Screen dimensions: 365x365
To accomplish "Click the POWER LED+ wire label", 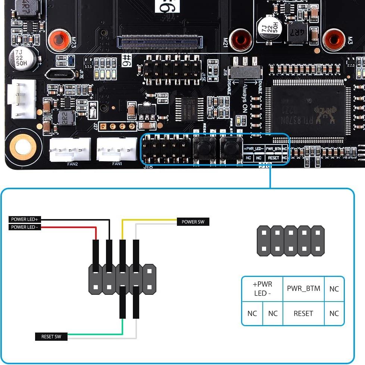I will [24, 219].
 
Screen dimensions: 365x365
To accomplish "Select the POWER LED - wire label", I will [24, 227].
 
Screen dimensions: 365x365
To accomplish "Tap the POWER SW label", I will [193, 222].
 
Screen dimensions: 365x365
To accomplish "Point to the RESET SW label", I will [52, 337].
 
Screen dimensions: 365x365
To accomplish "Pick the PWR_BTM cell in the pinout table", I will [303, 288].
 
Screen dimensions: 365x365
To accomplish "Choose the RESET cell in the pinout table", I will [303, 313].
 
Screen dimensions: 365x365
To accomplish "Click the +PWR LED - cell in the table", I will [262, 288].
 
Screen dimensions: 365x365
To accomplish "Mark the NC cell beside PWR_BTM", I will [334, 288].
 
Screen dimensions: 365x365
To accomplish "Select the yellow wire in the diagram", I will [149, 220].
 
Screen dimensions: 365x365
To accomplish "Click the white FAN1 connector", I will [117, 149].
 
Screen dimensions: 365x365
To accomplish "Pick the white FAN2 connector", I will [70, 149].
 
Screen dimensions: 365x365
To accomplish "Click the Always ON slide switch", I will [245, 72].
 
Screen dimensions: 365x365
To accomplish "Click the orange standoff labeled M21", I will [241, 40].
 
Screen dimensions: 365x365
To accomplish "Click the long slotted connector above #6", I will [160, 41].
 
